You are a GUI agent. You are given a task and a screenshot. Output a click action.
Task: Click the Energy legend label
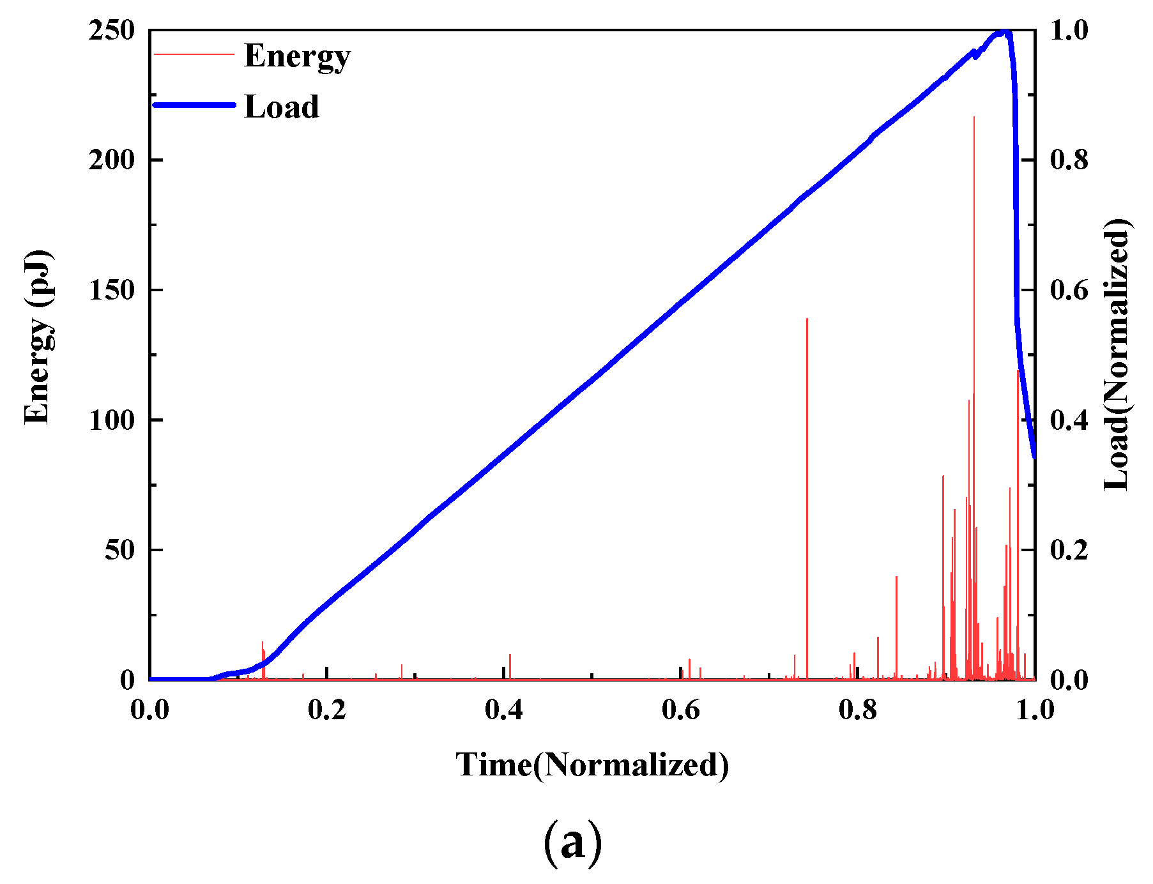pyautogui.click(x=297, y=56)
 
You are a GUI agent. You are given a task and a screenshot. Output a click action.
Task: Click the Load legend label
pyautogui.click(x=282, y=107)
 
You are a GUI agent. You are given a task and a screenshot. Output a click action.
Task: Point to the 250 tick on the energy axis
pyautogui.click(x=112, y=31)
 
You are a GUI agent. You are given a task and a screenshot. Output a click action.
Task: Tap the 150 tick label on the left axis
pyautogui.click(x=112, y=290)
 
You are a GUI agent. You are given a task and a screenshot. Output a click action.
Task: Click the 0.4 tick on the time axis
pyautogui.click(x=503, y=710)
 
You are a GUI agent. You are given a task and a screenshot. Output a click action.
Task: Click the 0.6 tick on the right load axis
pyautogui.click(x=1069, y=290)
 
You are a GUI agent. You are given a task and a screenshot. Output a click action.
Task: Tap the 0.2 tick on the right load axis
pyautogui.click(x=1069, y=550)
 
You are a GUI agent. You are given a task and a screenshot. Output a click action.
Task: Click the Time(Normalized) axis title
pyautogui.click(x=592, y=765)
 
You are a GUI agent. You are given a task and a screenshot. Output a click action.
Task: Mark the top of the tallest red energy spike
pyautogui.click(x=974, y=118)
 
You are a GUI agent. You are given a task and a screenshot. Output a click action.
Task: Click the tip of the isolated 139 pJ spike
pyautogui.click(x=807, y=319)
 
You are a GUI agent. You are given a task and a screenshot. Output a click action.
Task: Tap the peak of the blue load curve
pyautogui.click(x=1003, y=32)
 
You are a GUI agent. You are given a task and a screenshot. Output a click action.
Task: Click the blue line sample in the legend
pyautogui.click(x=195, y=105)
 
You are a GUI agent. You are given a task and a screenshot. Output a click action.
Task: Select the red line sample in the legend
pyautogui.click(x=195, y=55)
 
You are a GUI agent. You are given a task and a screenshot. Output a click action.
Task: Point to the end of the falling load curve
pyautogui.click(x=1034, y=456)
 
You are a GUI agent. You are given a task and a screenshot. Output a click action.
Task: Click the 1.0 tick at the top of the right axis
pyautogui.click(x=1069, y=31)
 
